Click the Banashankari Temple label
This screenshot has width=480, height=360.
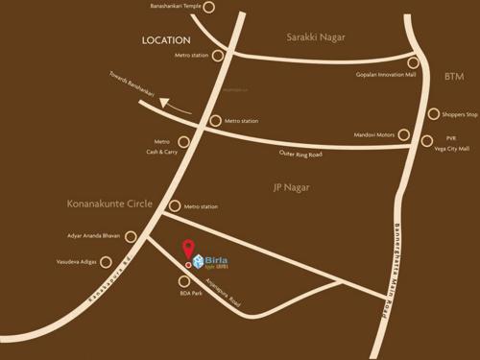click(171, 8)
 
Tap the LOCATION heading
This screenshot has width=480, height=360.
click(166, 40)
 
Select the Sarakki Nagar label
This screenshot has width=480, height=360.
click(316, 36)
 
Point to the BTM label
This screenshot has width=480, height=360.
click(454, 75)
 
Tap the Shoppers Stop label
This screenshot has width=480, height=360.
click(459, 114)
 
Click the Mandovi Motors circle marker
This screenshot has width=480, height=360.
click(403, 134)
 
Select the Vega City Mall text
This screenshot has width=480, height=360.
click(450, 149)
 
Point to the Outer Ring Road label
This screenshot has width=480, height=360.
click(300, 155)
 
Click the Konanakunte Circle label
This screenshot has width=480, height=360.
click(109, 204)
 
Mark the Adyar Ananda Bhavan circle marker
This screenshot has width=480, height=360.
click(131, 236)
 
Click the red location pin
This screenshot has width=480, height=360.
click(187, 250)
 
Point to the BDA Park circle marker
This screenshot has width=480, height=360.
click(184, 281)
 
